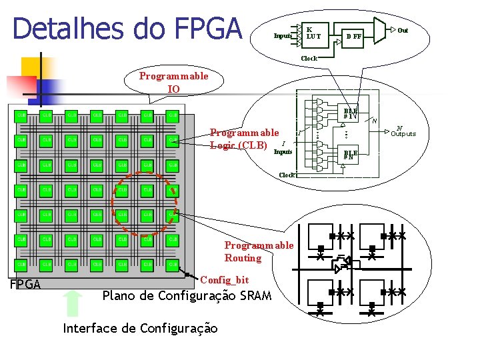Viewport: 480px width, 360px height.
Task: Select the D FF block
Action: click(x=353, y=36)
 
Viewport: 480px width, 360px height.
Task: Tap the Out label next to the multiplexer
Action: click(x=403, y=30)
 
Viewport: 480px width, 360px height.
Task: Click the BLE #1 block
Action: click(x=351, y=114)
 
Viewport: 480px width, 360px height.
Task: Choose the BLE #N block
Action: click(x=351, y=155)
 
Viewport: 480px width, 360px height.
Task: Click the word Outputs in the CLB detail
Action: click(x=403, y=134)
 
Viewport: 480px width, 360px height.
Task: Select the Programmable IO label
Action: click(x=173, y=82)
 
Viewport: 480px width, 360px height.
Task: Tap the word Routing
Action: click(x=243, y=258)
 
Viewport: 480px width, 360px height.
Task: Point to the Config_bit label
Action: click(x=224, y=279)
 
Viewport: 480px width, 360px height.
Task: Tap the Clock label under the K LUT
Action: click(x=309, y=59)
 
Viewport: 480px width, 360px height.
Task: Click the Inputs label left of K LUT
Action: click(x=283, y=35)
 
